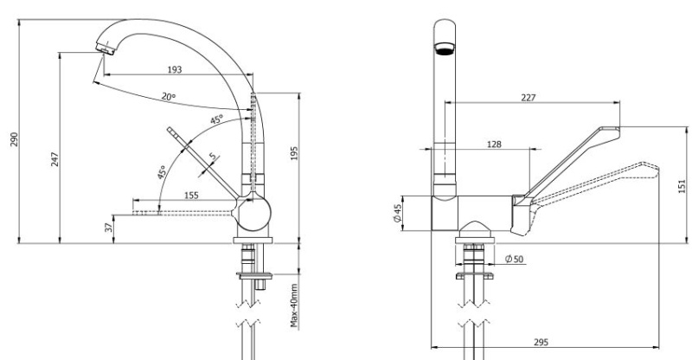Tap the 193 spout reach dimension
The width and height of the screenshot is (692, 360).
175,69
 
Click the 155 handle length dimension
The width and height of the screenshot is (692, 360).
191,196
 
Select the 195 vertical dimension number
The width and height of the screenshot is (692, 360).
293,153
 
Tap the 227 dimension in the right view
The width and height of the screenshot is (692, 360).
528,98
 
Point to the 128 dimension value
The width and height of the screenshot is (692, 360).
494,145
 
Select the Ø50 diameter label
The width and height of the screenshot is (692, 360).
514,259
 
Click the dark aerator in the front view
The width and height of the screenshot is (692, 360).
445,48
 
